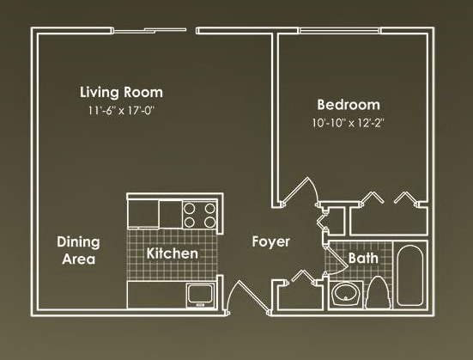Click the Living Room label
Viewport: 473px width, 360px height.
[x=121, y=92]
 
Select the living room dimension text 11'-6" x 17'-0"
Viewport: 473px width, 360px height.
[x=121, y=109]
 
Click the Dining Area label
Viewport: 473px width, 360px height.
[x=77, y=250]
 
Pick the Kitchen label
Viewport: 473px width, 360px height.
[x=172, y=253]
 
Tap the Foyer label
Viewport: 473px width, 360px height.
[x=270, y=241]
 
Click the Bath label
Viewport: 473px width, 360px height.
[x=363, y=257]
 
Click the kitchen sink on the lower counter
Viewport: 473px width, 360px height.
[x=200, y=295]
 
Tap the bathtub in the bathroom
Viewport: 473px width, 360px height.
[x=410, y=277]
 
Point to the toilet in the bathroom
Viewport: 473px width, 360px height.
[x=379, y=292]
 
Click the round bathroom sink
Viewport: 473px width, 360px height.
[x=348, y=295]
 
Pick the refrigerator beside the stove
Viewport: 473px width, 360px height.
[x=168, y=211]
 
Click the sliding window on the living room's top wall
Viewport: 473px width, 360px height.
[x=150, y=30]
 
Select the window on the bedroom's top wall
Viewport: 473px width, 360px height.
[x=361, y=30]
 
